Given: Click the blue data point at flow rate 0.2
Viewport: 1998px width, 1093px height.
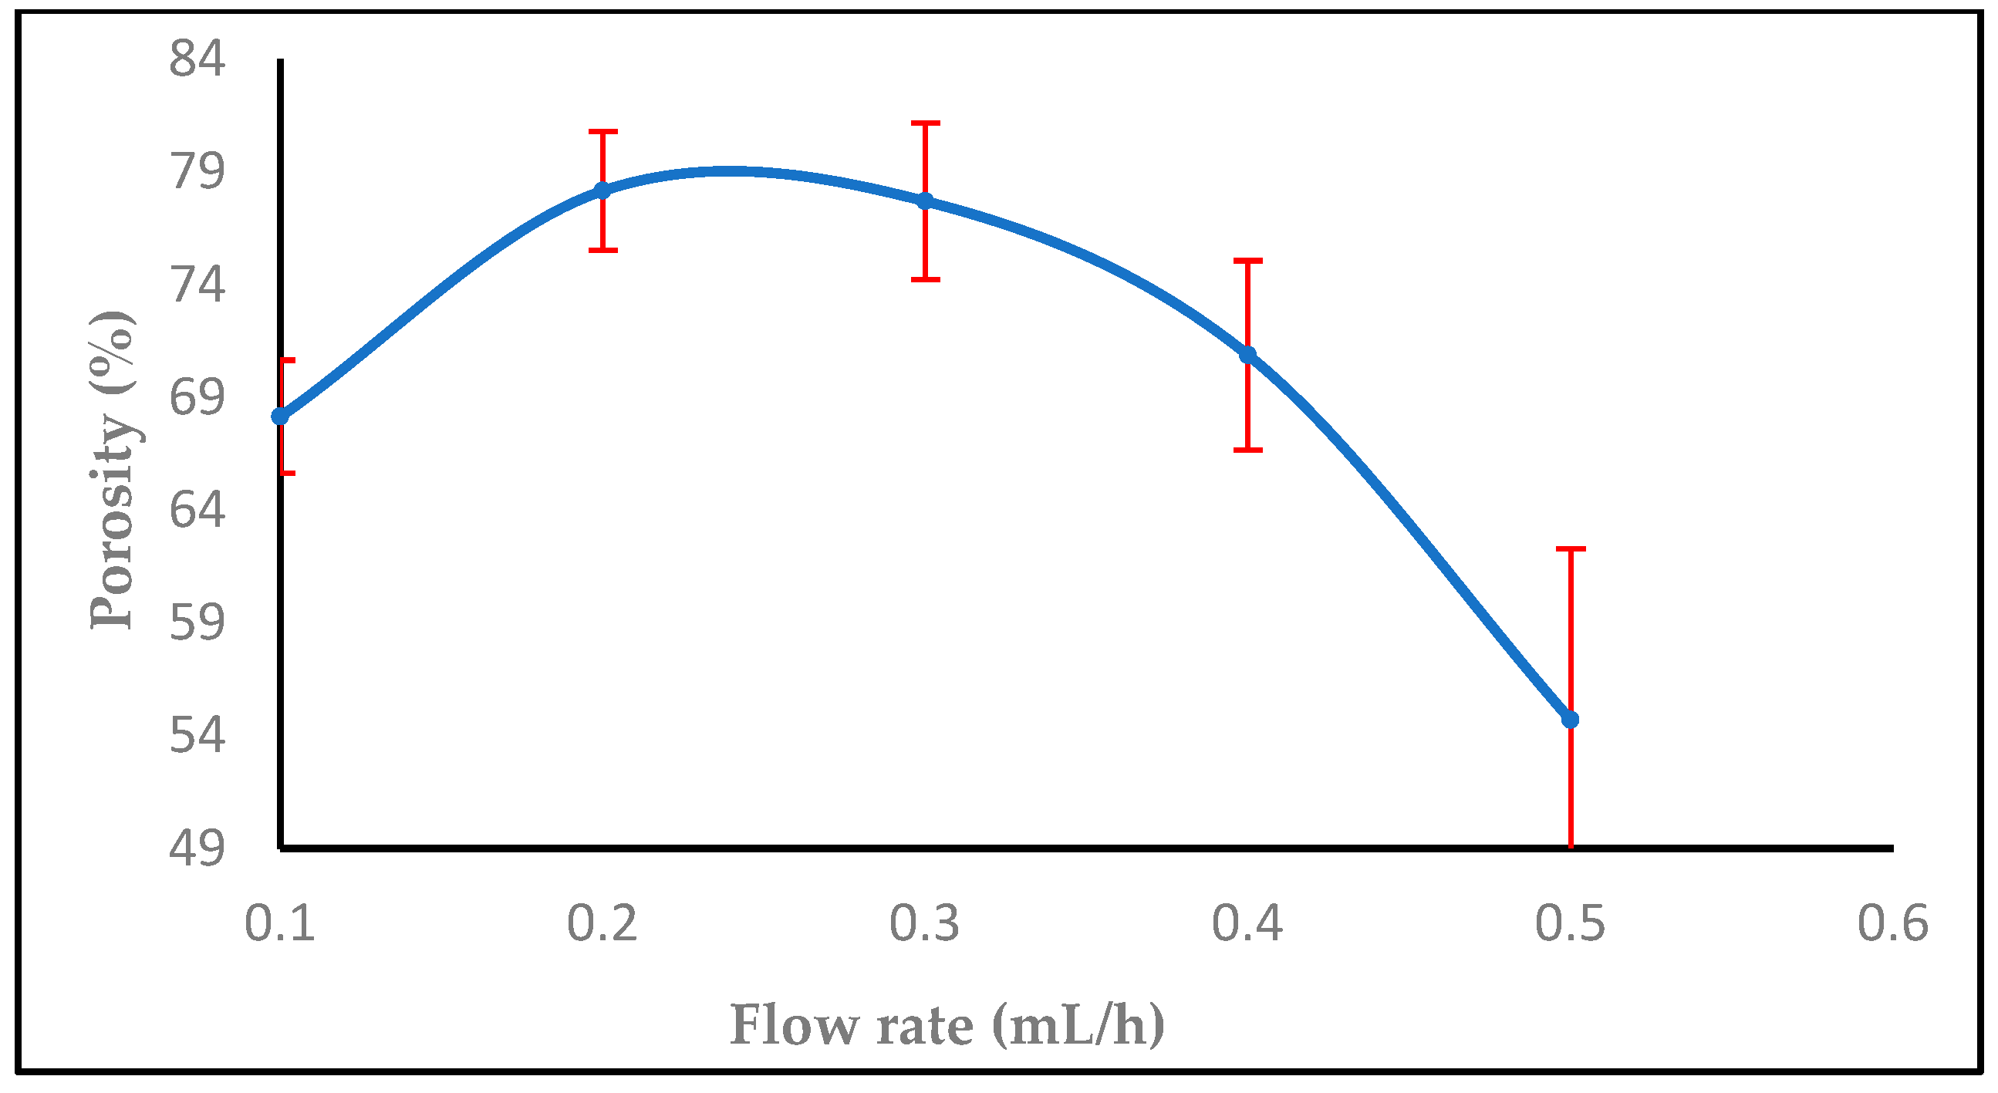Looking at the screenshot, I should (602, 191).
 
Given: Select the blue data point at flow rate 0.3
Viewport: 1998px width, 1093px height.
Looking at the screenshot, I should (925, 201).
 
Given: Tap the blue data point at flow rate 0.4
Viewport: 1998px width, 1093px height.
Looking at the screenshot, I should (1248, 356).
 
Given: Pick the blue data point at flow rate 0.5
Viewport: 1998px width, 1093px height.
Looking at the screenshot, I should (1571, 720).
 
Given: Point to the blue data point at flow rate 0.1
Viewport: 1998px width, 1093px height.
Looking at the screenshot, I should (280, 417).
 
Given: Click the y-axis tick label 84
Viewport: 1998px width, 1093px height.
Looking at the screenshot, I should (197, 59).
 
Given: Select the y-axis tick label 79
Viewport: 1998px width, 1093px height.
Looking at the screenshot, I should (197, 171).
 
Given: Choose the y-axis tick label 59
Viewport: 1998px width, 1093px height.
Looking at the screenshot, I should (197, 622).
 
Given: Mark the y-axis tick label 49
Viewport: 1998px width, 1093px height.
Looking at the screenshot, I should (197, 848).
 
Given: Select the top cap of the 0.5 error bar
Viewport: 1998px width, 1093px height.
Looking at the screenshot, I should (1571, 549).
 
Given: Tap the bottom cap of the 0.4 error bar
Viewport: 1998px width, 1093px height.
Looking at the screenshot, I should (1248, 450).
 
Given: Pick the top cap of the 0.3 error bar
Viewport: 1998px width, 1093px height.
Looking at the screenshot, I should (925, 123).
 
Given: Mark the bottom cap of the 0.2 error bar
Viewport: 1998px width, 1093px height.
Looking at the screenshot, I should (602, 250).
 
